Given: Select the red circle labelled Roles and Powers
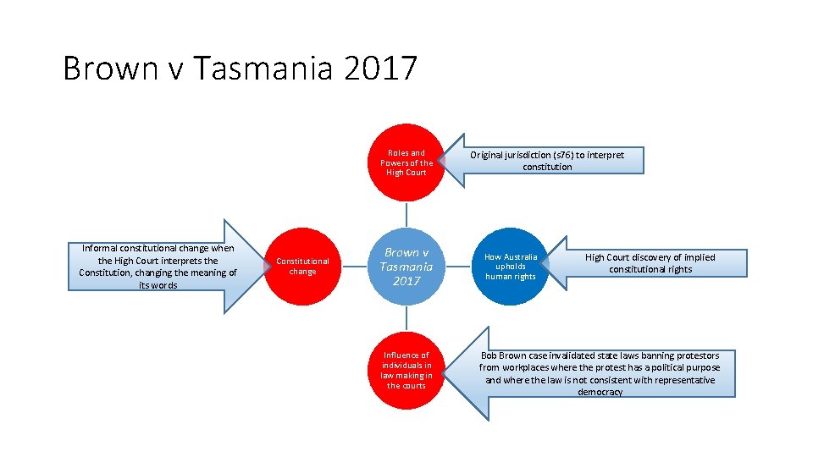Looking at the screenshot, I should pyautogui.click(x=406, y=162).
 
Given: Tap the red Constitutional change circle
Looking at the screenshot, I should pyautogui.click(x=302, y=267).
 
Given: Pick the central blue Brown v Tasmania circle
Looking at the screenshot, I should pyautogui.click(x=406, y=267).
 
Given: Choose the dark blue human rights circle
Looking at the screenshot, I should pyautogui.click(x=510, y=267).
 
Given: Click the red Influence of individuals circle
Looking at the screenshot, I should pyautogui.click(x=406, y=370).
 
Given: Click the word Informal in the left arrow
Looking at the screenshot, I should pyautogui.click(x=102, y=248).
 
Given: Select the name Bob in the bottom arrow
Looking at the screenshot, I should pyautogui.click(x=489, y=355).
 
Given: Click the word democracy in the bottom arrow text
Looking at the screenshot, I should pyautogui.click(x=600, y=392).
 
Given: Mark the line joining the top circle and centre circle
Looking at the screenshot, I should pyautogui.click(x=406, y=214).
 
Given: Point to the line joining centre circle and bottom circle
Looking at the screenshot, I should pyautogui.click(x=406, y=318).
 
